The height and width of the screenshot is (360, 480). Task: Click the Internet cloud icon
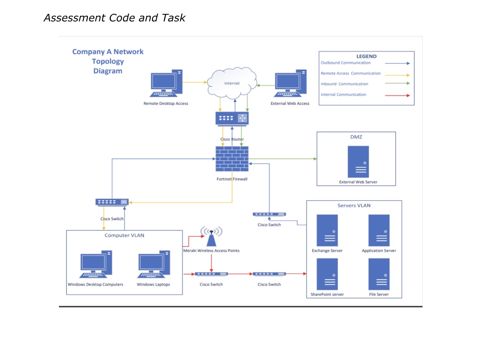pos(232,83)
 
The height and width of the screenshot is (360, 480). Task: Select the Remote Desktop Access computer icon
pos(166,83)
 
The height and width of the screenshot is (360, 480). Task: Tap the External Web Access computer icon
pos(290,83)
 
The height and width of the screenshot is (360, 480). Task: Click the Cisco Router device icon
pos(232,118)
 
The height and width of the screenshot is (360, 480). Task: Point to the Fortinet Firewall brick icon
pos(232,159)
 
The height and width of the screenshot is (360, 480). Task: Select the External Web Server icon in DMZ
pos(358,162)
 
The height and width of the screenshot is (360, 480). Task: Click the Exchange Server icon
pos(327,230)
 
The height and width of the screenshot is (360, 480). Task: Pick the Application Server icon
pos(379,230)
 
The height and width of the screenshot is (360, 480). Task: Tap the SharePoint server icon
pos(327,274)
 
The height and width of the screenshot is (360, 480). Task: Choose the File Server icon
pos(379,274)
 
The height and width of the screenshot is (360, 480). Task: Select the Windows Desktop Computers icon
pos(96,264)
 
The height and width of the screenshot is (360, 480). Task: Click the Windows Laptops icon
pos(153,264)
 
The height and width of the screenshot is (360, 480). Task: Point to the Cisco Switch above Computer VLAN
pos(112,202)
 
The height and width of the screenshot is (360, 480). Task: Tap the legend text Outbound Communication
pos(346,63)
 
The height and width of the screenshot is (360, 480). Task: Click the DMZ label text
pos(356,137)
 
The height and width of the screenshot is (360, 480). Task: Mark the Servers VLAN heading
pos(354,205)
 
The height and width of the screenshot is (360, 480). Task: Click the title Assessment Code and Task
pos(114,18)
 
